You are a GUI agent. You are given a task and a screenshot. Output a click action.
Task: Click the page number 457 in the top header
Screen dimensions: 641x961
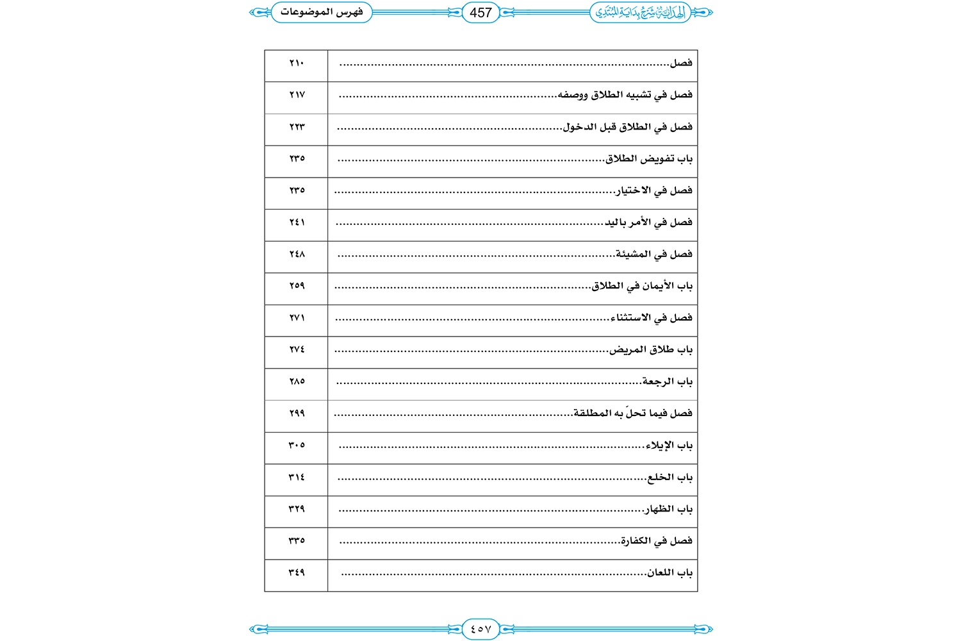tap(481, 13)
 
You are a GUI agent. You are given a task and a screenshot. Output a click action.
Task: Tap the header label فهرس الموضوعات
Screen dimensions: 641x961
tap(322, 12)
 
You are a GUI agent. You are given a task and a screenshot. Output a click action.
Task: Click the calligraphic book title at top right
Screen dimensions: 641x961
tap(640, 12)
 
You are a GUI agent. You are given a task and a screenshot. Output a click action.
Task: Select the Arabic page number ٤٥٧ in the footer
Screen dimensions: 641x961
tap(481, 629)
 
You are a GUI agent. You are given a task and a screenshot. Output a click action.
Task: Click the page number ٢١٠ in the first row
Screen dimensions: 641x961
tap(297, 63)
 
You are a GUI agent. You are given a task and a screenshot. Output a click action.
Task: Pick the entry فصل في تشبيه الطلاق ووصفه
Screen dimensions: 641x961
tap(625, 95)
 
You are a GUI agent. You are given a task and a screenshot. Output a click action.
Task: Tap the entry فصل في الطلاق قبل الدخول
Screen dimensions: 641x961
tap(627, 127)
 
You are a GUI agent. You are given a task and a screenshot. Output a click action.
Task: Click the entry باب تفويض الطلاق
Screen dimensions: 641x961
tap(649, 158)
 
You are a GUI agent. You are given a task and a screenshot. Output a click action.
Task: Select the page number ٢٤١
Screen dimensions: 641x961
tap(297, 222)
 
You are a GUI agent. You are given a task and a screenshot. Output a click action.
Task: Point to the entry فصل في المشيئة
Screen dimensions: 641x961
tap(653, 254)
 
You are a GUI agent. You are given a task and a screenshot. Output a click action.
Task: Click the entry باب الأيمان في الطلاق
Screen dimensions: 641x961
tap(642, 286)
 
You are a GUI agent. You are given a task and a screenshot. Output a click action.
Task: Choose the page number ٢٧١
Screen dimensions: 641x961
tap(297, 318)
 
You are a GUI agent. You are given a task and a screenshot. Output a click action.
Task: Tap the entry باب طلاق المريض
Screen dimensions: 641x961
tap(651, 350)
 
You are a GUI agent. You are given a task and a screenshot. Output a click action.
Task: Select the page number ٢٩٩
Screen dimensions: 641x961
tap(297, 413)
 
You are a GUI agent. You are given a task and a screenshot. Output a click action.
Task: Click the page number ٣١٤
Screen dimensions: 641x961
tap(297, 478)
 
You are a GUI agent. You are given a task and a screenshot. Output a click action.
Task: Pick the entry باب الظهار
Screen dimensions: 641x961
tap(668, 509)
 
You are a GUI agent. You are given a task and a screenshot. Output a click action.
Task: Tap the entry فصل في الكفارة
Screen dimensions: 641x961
tap(657, 541)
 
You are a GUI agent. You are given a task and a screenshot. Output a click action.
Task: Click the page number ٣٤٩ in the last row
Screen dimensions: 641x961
tap(297, 572)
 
